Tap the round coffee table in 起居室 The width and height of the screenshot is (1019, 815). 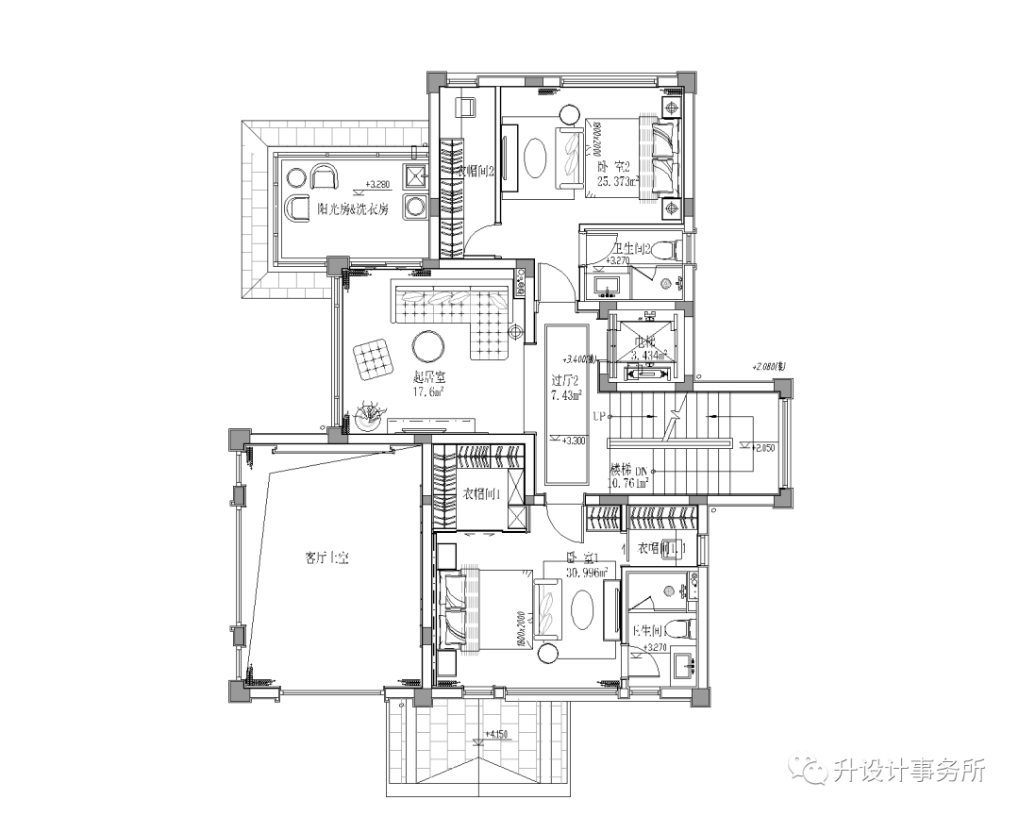point(429,346)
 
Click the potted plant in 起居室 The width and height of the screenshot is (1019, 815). point(368,415)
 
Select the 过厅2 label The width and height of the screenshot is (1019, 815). point(565,381)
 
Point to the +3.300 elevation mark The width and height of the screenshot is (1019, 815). point(572,441)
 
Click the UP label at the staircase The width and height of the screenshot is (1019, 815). point(598,415)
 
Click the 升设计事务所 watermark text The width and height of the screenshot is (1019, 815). point(910,771)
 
